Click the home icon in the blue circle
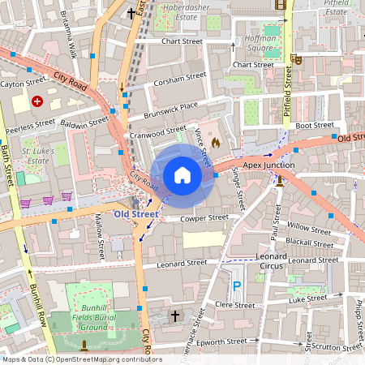(182, 175)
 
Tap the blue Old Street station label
(135, 214)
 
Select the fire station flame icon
(215, 142)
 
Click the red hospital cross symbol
(36, 101)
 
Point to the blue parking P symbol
(237, 286)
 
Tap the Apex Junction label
(268, 165)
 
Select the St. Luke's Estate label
(38, 156)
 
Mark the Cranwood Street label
(157, 131)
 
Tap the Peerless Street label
(30, 126)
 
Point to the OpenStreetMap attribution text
(81, 359)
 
